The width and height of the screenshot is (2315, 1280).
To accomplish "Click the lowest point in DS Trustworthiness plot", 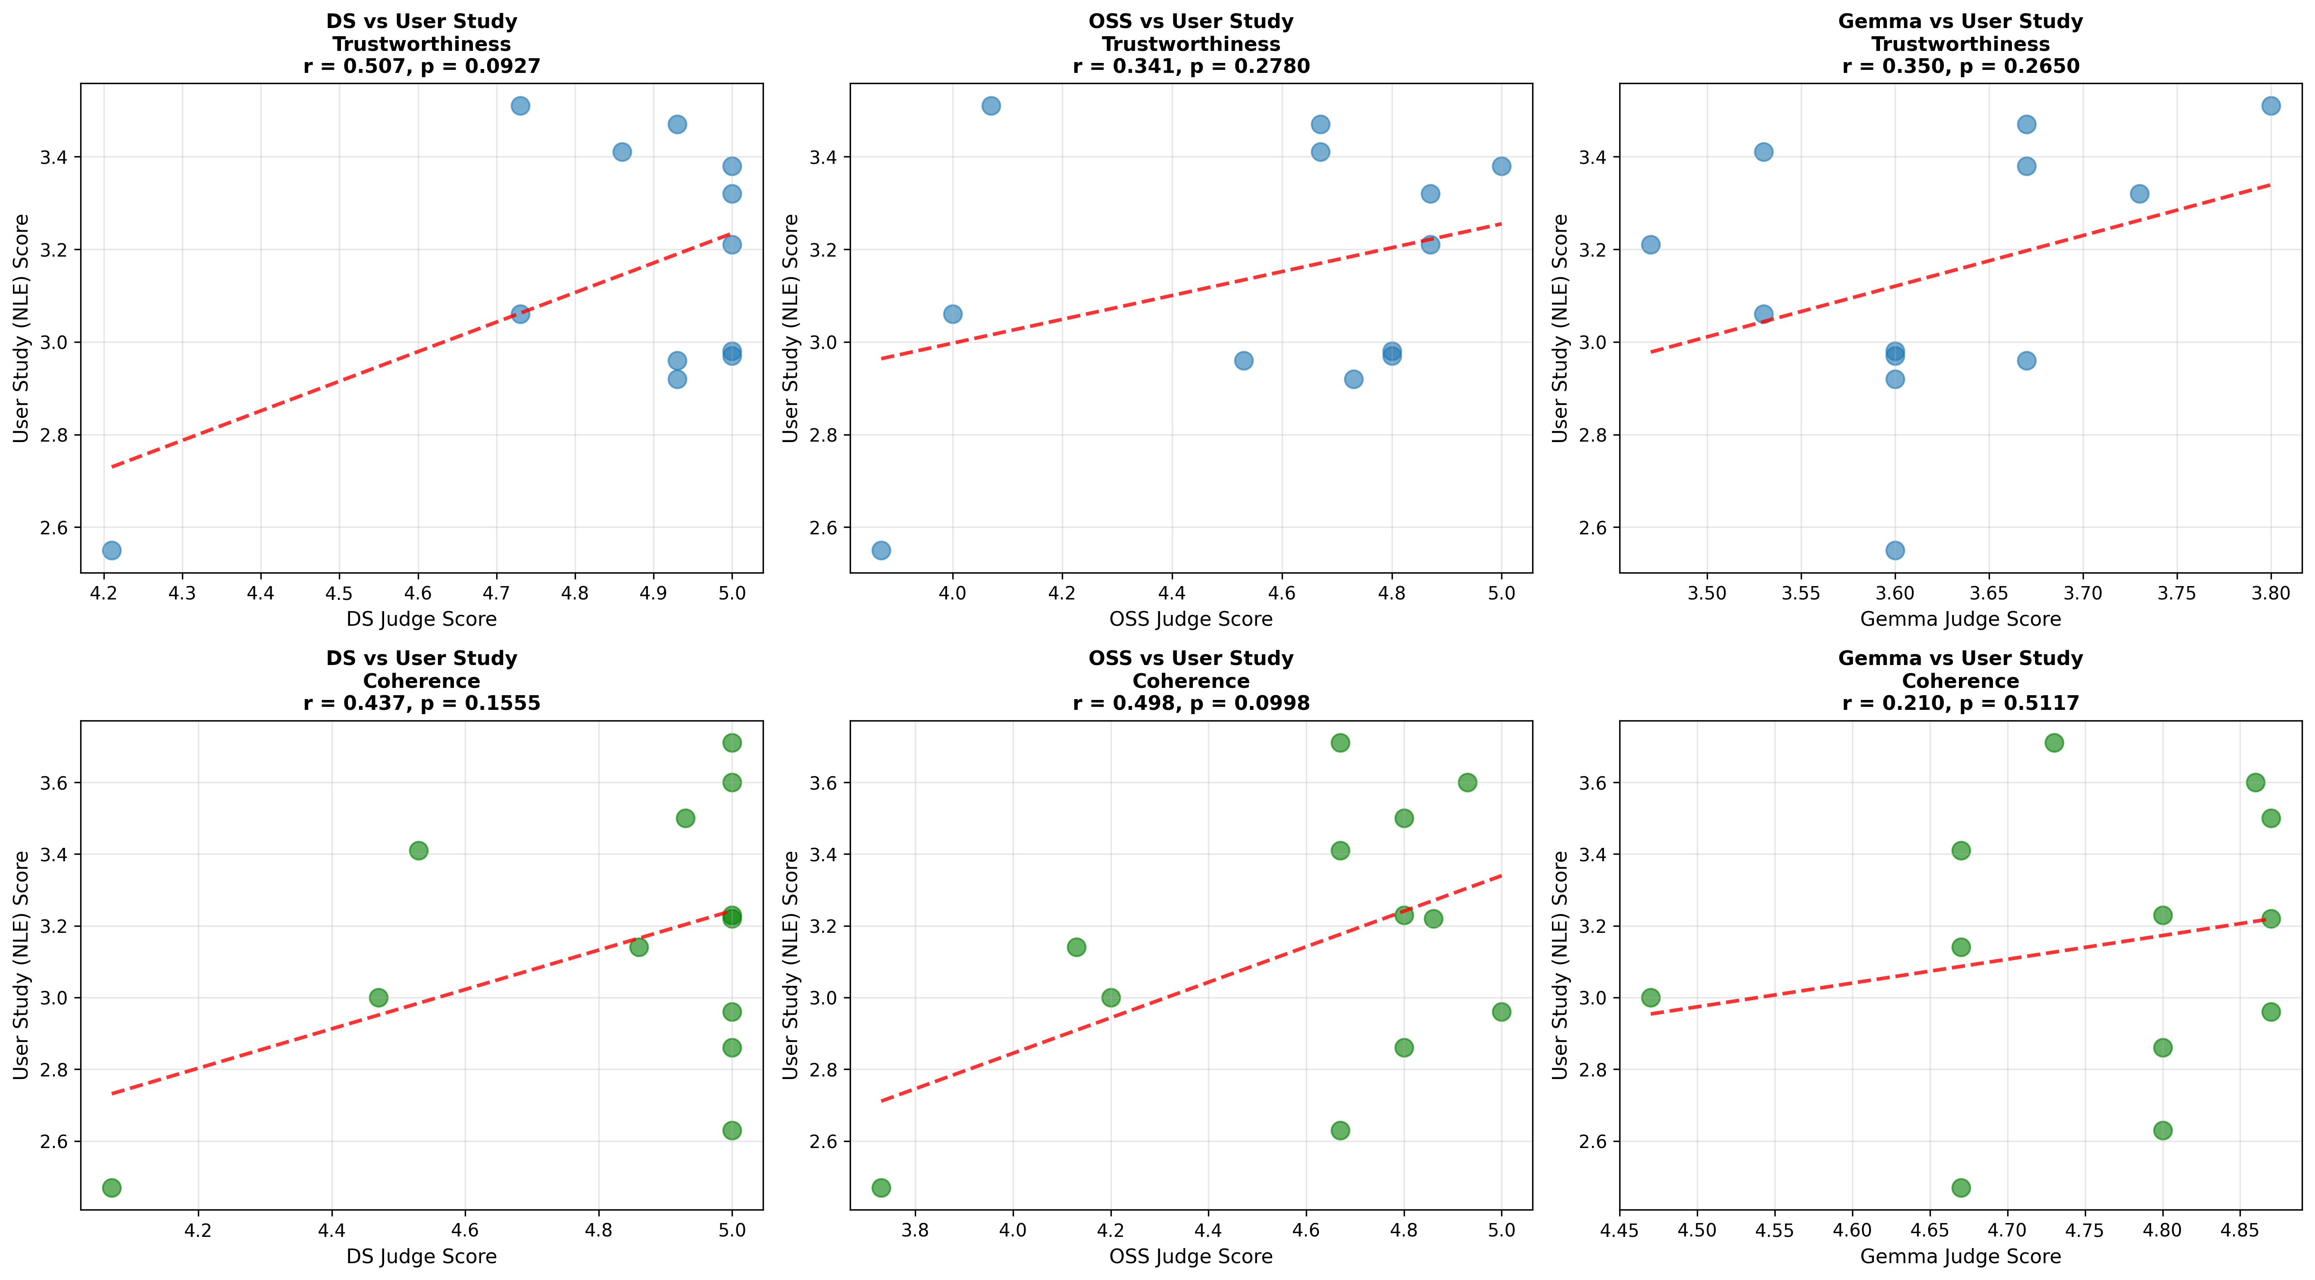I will pos(111,550).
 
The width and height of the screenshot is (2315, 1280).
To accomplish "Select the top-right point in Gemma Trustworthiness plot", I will pos(2271,106).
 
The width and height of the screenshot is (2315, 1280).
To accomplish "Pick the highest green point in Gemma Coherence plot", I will pos(2054,743).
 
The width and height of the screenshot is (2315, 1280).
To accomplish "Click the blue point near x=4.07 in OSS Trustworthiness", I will pos(991,106).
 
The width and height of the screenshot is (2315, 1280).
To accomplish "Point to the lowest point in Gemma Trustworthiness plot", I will pos(1894,550).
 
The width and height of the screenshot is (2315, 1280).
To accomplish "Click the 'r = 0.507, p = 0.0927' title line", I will pos(422,66).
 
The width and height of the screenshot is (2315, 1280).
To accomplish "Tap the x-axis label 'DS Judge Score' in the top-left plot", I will pos(422,619).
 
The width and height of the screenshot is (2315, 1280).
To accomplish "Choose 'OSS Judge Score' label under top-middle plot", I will pos(1191,619).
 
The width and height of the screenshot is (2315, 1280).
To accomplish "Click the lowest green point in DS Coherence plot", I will pos(111,1187).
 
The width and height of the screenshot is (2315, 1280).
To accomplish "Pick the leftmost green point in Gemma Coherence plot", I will pos(1651,998).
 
